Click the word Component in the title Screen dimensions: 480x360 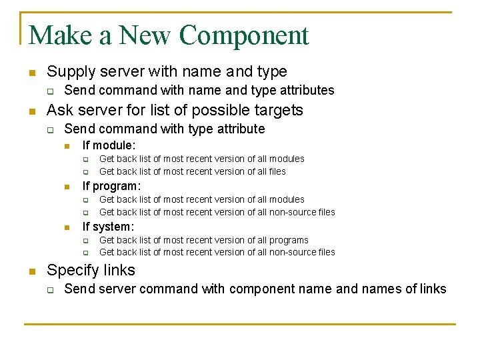244,35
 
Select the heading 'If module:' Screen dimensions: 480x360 109,145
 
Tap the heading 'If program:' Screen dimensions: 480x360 111,186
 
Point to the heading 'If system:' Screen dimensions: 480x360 108,227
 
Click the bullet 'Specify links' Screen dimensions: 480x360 91,271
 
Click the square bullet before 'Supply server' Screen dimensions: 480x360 31,72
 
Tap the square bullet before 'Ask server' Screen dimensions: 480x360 31,111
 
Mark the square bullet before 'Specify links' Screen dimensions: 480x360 31,271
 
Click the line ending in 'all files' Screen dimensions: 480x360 192,171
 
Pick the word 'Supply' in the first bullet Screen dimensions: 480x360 69,71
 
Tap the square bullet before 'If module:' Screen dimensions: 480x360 67,145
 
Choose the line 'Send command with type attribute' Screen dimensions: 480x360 164,129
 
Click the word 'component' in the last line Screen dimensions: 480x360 259,289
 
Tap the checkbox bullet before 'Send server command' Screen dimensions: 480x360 49,289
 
